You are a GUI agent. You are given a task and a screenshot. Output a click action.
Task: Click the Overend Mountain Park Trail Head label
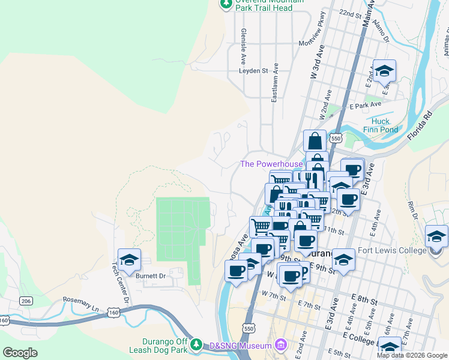264,4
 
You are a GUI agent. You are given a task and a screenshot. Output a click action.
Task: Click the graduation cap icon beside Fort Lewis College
436,237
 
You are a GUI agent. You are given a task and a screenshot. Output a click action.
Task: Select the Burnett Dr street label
150,276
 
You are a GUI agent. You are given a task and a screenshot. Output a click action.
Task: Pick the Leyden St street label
253,70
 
